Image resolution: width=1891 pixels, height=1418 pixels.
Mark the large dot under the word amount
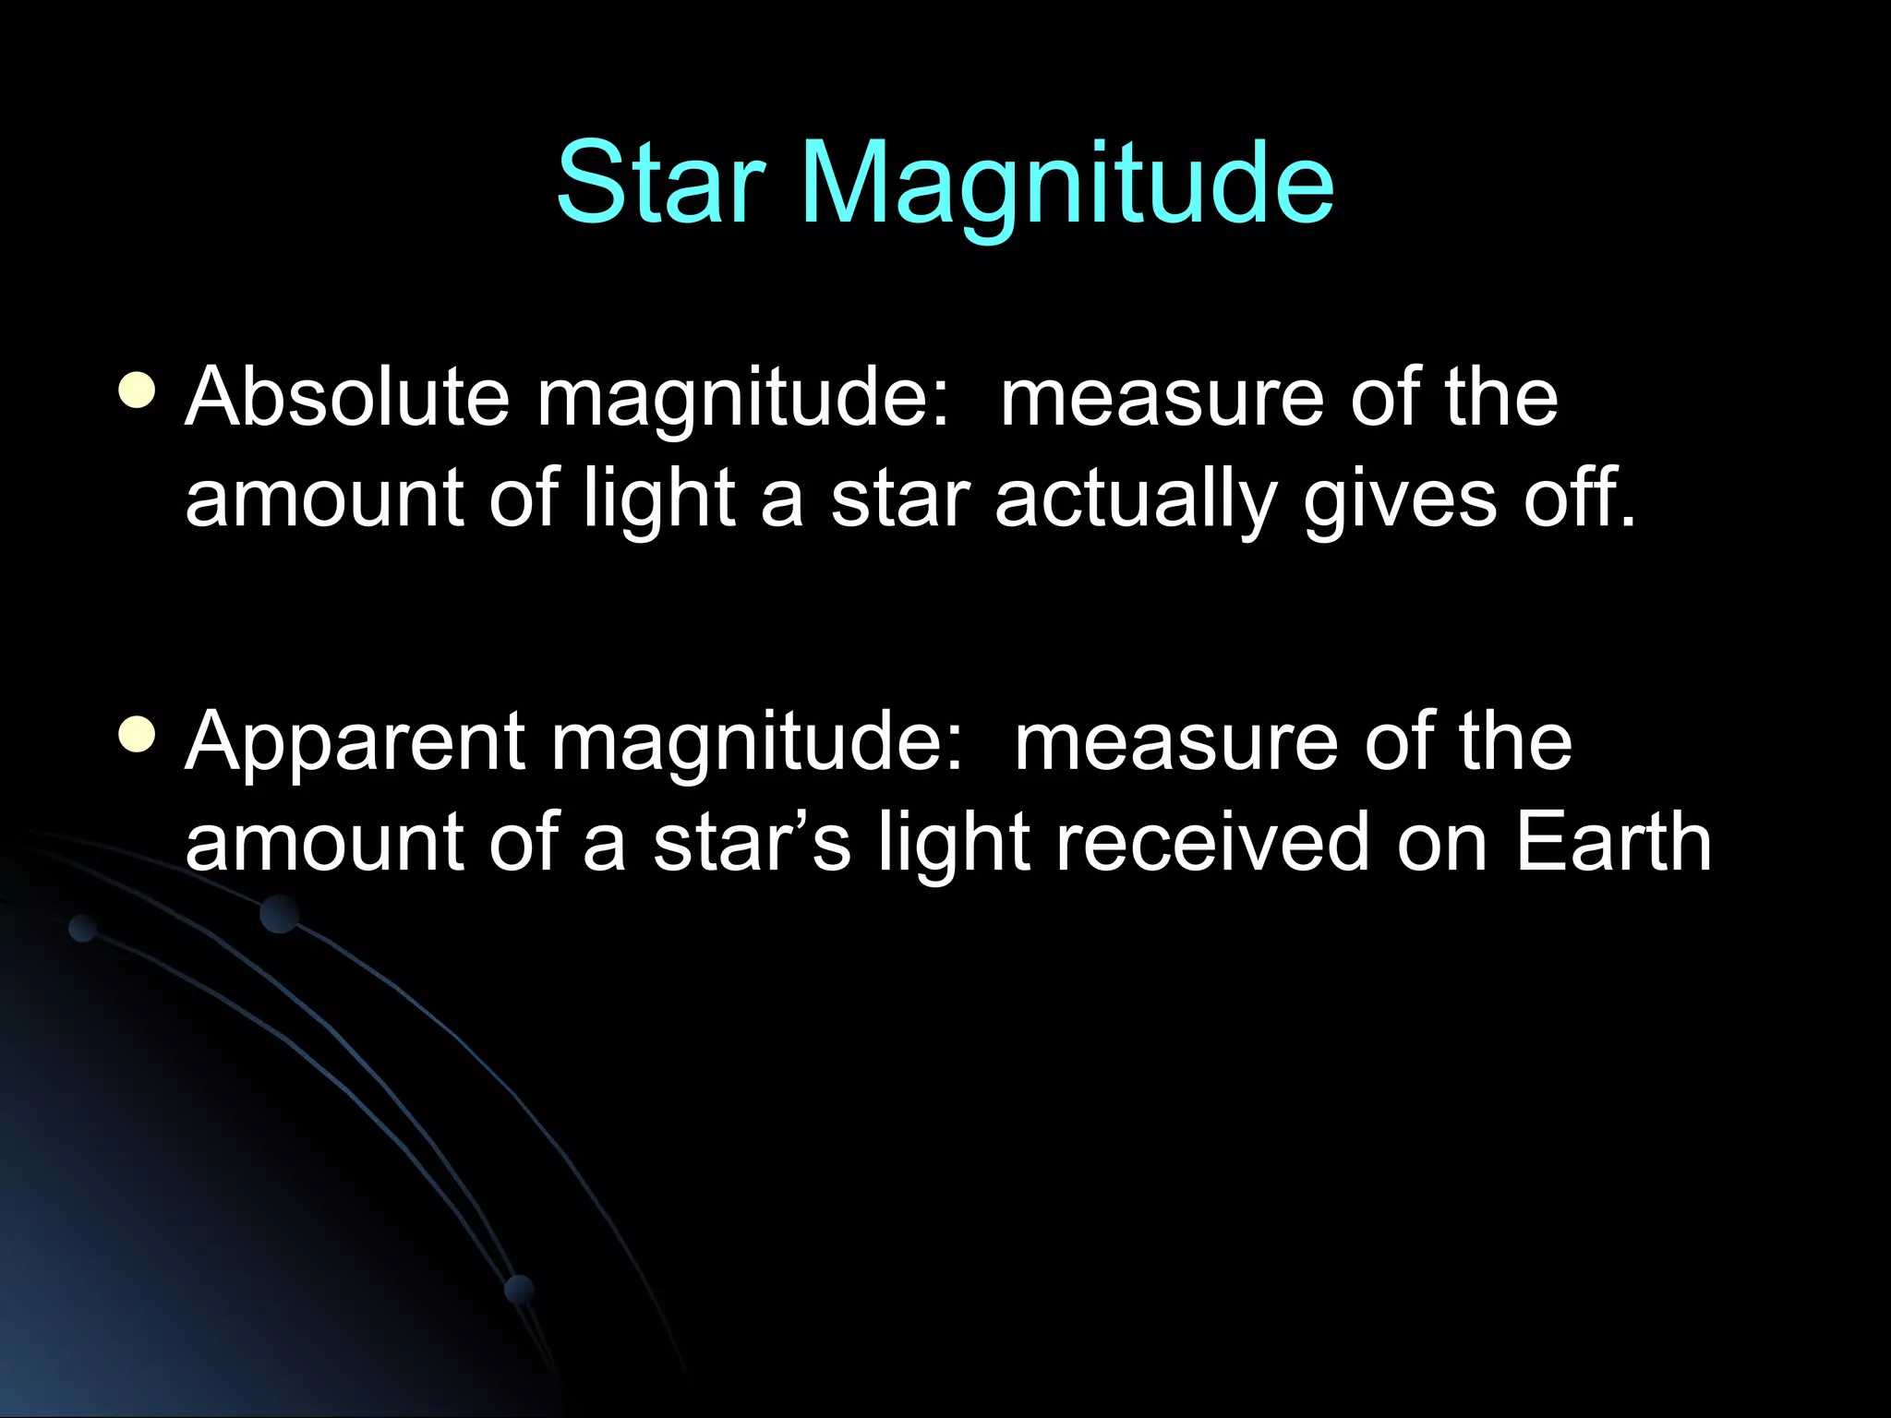coord(279,914)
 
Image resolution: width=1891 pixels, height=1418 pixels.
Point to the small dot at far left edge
coord(83,928)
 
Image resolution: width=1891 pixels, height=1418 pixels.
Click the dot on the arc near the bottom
coord(519,1289)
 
